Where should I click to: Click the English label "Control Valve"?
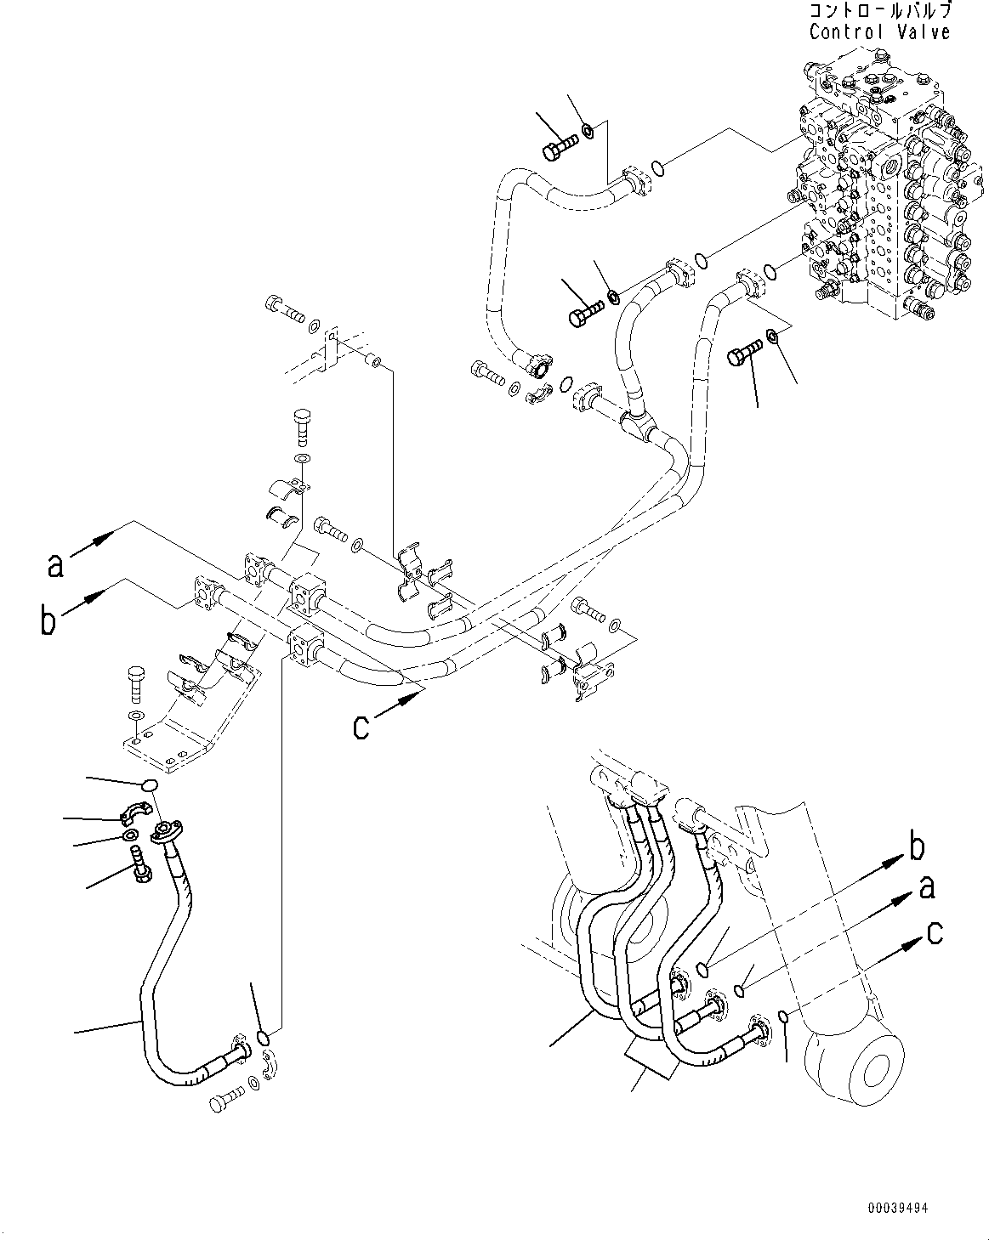click(879, 32)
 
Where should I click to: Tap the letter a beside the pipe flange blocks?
click(56, 564)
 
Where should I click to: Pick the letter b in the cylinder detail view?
click(917, 848)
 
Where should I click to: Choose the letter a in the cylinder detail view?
click(927, 887)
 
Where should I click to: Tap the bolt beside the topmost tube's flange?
click(558, 150)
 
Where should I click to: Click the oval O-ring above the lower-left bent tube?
click(150, 786)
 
